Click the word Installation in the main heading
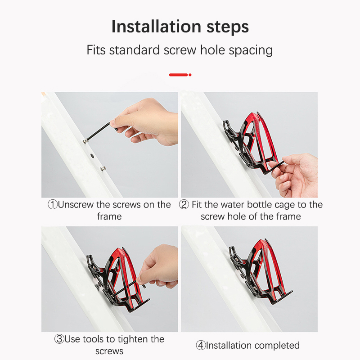(156, 27)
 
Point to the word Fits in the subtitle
(96, 50)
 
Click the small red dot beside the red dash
(190, 75)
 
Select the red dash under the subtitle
(178, 75)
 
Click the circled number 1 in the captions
(53, 205)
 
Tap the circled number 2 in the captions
(184, 205)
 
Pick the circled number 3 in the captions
(59, 339)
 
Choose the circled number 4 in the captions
(201, 345)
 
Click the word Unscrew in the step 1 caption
(76, 205)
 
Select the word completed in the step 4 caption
(277, 346)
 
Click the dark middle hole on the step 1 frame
(93, 156)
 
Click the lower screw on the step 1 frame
(103, 169)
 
